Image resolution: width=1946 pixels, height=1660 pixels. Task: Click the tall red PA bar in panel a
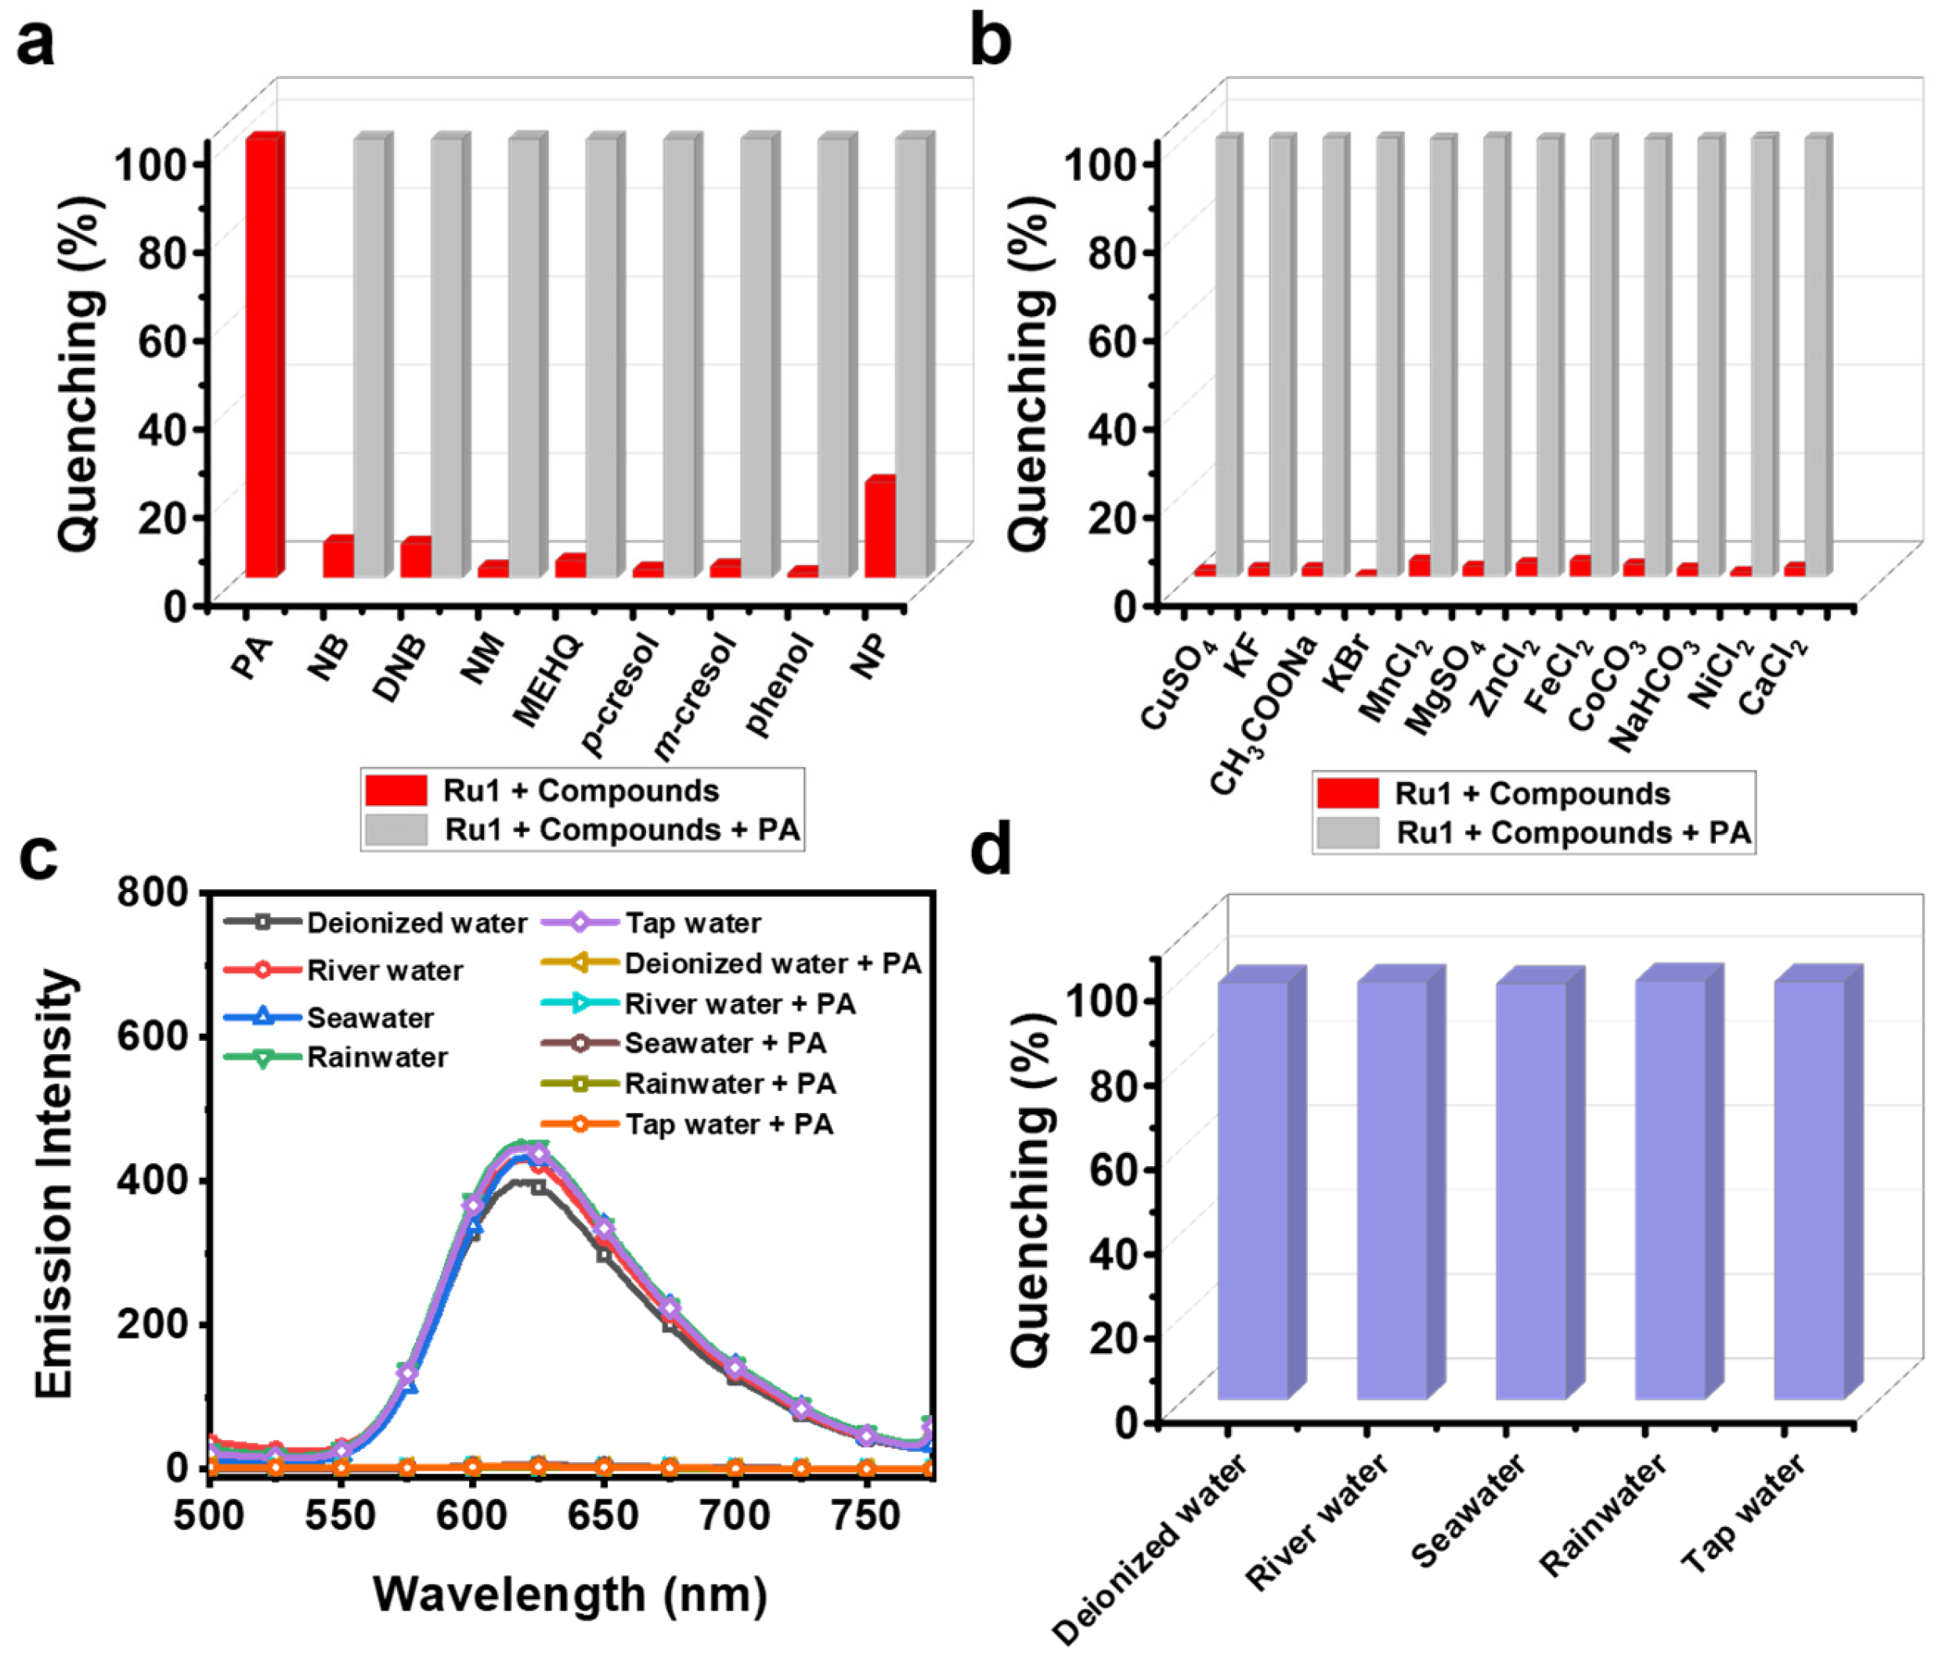coord(263,357)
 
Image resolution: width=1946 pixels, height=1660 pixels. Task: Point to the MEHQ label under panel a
coord(548,680)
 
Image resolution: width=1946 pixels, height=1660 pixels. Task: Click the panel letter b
coord(990,41)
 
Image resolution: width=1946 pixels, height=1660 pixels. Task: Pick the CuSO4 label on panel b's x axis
coord(1179,683)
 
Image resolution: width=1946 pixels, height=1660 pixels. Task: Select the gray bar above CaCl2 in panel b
coord(1816,357)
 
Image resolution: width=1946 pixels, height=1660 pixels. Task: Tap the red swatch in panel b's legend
coord(1347,794)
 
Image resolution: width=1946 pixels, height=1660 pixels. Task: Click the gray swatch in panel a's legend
coord(395,830)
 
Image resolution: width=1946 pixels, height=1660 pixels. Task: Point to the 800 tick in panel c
coord(152,891)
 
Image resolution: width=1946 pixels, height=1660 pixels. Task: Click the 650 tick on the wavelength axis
coord(603,1515)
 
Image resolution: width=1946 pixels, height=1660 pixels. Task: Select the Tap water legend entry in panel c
coord(693,923)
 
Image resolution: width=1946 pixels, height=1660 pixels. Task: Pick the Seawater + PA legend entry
coord(725,1043)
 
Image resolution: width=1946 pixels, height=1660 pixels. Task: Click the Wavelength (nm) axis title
coord(570,1593)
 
